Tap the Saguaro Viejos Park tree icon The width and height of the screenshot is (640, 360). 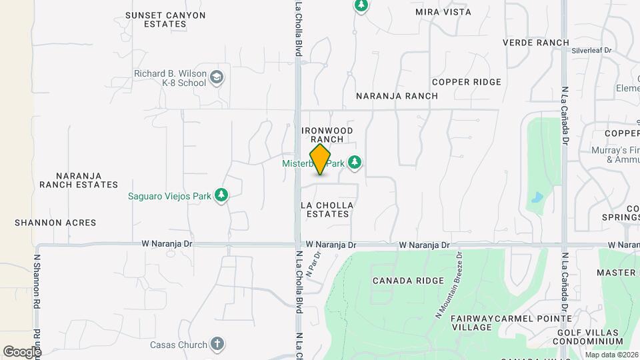tap(221, 195)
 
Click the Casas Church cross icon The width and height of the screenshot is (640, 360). tap(216, 345)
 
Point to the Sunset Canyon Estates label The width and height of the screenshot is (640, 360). tap(165, 19)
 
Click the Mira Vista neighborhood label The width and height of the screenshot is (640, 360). tap(443, 12)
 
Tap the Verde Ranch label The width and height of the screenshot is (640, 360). tap(535, 42)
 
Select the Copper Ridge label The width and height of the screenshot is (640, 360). tap(466, 82)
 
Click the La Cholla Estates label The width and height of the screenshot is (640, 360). tap(327, 209)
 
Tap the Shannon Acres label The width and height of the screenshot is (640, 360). tap(55, 223)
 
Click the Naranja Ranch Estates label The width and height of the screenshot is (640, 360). tap(78, 180)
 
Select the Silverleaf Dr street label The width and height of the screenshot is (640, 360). tap(591, 50)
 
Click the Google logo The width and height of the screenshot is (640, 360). tap(22, 351)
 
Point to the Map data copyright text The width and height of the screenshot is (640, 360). tap(611, 355)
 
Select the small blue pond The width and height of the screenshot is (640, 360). tap(537, 197)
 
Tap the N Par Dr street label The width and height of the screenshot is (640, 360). tap(313, 263)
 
